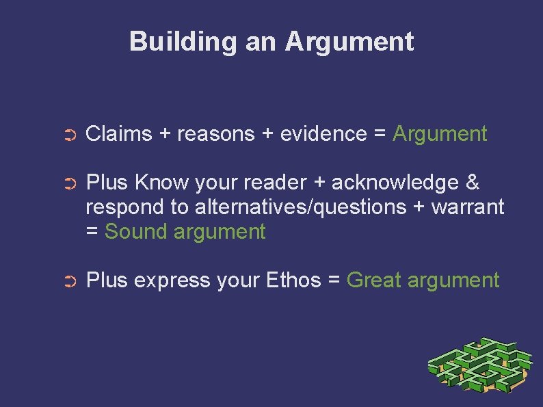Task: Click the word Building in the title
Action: [x=183, y=42]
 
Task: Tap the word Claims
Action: [x=119, y=134]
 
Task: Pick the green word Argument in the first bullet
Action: [x=440, y=134]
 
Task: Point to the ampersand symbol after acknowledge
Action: [x=472, y=183]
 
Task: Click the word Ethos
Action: [x=293, y=280]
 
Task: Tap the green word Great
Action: [x=373, y=280]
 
